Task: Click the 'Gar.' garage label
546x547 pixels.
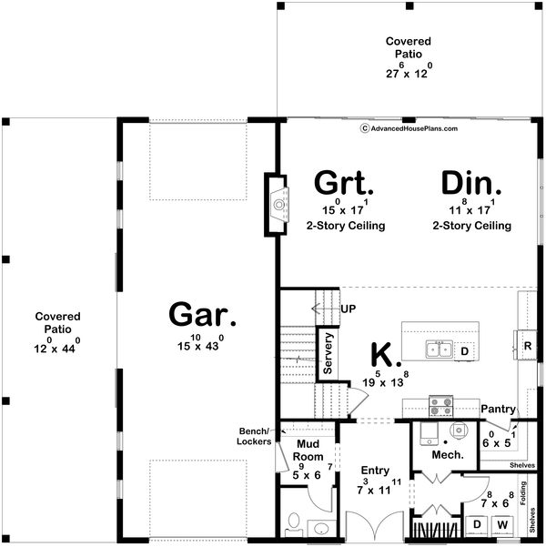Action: tap(201, 317)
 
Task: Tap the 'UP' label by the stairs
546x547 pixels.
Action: tap(348, 309)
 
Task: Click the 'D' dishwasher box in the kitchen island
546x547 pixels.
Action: tap(463, 350)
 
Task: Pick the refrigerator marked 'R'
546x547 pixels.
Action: tap(526, 346)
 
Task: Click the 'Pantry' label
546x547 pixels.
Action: tap(499, 409)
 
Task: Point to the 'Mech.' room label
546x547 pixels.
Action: tap(448, 454)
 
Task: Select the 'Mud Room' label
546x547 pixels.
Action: tap(308, 451)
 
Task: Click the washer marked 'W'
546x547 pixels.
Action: tap(502, 526)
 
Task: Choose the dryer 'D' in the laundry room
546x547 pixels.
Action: tap(476, 526)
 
